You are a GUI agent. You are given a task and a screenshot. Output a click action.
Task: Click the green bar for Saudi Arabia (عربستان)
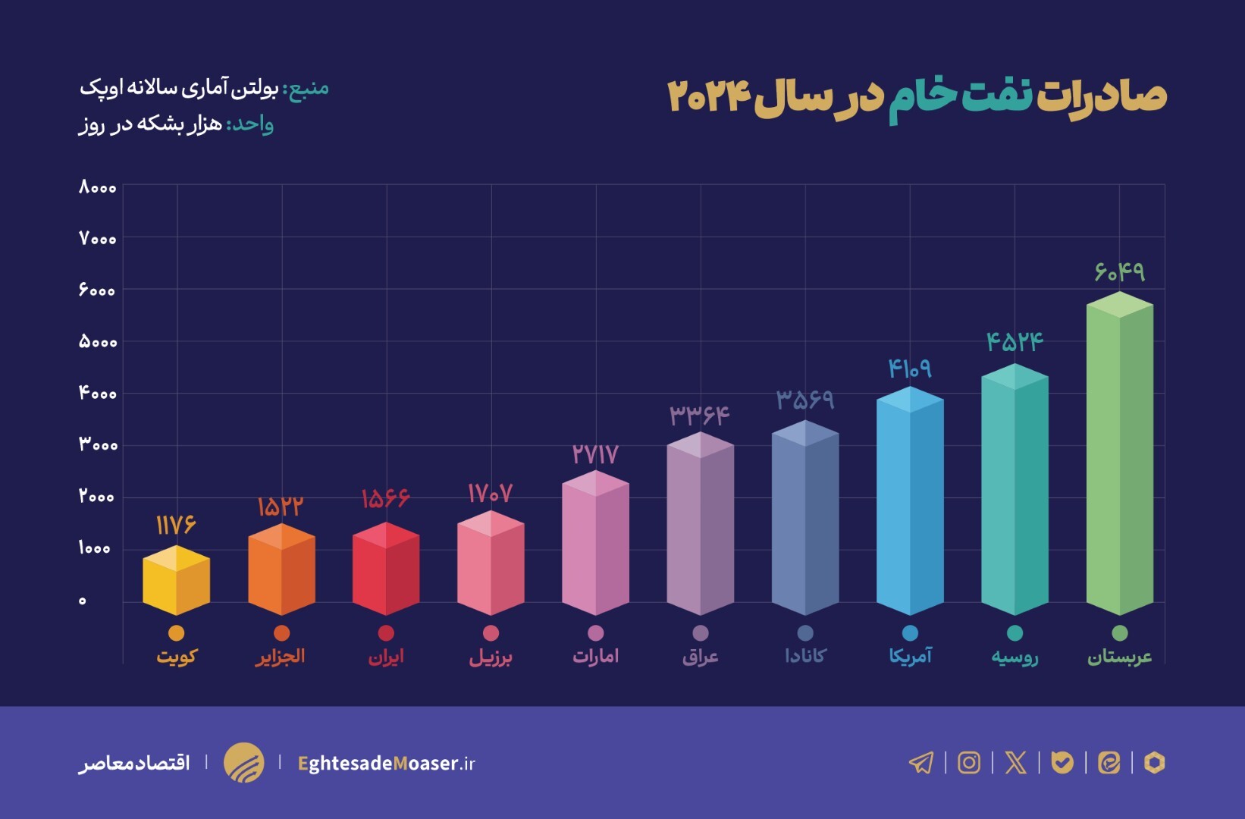(1119, 455)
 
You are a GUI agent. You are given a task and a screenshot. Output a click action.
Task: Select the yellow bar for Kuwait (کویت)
(176, 582)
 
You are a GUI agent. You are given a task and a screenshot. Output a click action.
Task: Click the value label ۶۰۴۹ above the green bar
(1119, 271)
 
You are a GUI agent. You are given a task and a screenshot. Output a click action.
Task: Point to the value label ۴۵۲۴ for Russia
(1015, 341)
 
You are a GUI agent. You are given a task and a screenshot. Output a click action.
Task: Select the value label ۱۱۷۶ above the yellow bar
(176, 524)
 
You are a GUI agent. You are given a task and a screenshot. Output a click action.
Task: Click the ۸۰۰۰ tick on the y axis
(98, 187)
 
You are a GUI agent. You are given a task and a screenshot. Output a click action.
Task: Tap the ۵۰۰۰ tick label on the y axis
(98, 342)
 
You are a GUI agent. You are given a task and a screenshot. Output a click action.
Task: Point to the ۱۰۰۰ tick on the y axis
(95, 548)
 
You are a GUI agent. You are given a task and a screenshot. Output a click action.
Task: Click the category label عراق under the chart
(700, 656)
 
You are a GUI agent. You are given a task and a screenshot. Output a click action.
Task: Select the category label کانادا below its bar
(805, 655)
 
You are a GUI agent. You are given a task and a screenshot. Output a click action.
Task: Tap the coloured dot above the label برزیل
(491, 633)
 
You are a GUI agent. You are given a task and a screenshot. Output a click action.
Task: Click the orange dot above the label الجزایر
(281, 633)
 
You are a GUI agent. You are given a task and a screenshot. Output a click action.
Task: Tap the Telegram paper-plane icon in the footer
(921, 762)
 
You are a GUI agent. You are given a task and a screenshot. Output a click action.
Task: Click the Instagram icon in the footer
(968, 762)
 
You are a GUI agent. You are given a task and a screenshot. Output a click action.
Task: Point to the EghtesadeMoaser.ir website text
(387, 763)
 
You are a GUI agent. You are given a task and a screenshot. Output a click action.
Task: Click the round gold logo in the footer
(243, 762)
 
